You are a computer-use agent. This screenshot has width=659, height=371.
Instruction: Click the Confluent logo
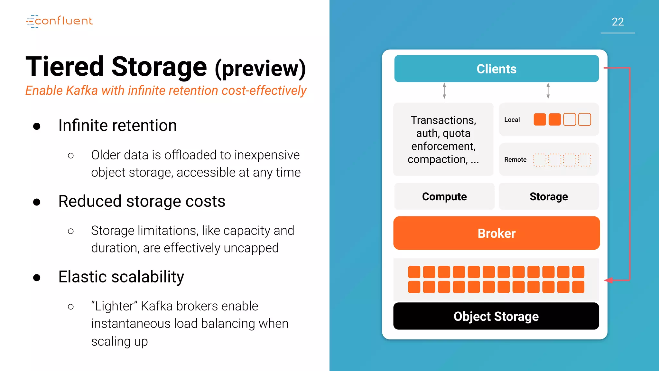60,21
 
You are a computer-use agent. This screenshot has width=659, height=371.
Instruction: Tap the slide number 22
617,22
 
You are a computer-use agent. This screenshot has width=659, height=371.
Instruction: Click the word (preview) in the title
260,68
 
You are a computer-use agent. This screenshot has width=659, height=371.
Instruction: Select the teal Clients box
496,69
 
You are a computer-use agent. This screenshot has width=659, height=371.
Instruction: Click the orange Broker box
496,233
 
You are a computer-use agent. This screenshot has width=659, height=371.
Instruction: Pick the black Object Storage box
496,316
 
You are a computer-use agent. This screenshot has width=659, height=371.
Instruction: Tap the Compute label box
444,196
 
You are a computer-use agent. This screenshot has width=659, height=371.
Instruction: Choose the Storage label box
549,196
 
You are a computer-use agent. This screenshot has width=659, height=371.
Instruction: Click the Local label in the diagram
512,120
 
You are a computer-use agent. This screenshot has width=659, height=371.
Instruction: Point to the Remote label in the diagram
515,160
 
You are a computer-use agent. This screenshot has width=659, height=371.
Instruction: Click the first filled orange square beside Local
540,119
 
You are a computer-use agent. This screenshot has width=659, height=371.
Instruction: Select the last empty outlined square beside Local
584,119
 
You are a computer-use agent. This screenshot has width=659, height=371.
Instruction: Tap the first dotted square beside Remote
540,160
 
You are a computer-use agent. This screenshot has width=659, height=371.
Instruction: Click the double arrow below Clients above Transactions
444,91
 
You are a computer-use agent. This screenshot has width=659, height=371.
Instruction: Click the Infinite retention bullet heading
117,125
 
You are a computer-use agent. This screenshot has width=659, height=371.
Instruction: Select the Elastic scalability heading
121,277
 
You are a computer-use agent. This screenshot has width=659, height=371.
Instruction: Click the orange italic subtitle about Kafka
166,91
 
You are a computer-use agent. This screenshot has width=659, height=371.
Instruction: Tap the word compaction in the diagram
437,159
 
